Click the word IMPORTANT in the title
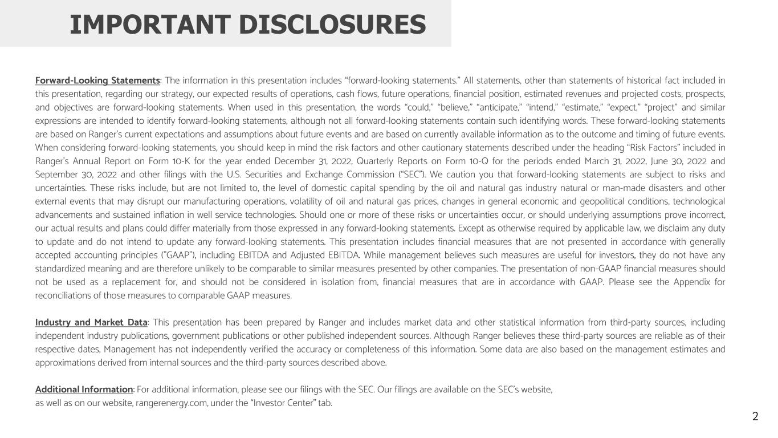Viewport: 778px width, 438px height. pyautogui.click(x=149, y=24)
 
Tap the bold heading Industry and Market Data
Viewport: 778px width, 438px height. pyautogui.click(x=91, y=322)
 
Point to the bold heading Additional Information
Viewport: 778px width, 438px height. pyautogui.click(x=84, y=390)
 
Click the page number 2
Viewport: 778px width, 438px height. pyautogui.click(x=755, y=416)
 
